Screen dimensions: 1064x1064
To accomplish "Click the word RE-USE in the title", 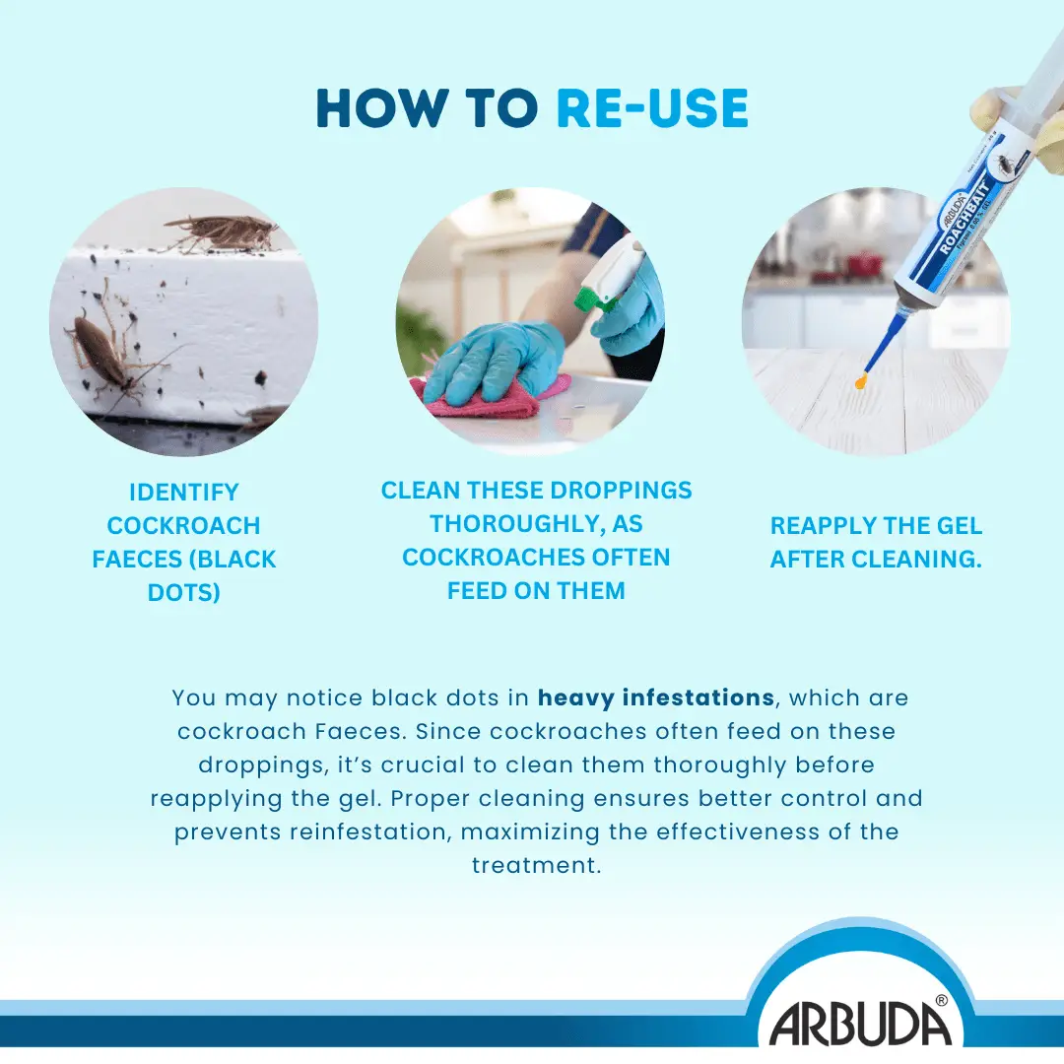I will coord(652,108).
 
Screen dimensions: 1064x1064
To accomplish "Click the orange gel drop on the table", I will coord(861,379).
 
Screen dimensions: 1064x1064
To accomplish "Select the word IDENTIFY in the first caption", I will coord(184,492).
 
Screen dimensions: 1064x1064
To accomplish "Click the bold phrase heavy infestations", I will coord(655,698).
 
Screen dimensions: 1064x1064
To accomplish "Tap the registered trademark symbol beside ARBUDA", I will coord(941,999).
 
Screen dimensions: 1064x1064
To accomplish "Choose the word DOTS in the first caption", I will coord(184,592).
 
